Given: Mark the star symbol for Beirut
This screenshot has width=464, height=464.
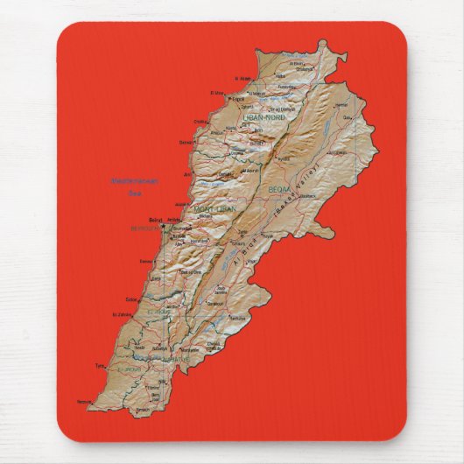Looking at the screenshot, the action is tap(164, 225).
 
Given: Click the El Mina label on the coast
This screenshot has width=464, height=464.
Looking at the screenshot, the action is tap(216, 92).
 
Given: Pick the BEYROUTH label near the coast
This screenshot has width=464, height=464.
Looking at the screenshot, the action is tap(144, 230).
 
